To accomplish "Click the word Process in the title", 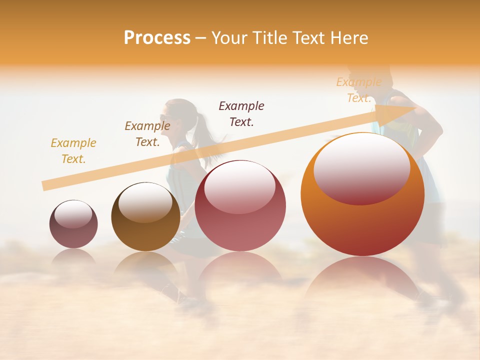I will point(157,38).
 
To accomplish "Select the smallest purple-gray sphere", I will point(73,224).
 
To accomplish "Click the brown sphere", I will point(145,217).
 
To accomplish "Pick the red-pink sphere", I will point(240,205).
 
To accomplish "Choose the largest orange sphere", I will point(362,194).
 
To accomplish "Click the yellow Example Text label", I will point(73,151).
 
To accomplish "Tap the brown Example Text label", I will point(147,134).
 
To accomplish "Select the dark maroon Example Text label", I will point(241,113).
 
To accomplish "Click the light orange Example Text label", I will point(358,90).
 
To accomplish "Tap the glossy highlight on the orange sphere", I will point(361,168).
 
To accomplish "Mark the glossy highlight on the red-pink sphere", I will point(240,186).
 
